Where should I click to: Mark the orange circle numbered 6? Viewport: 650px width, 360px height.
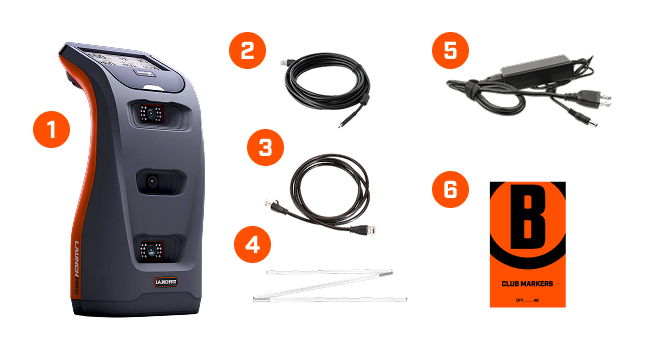tap(451, 190)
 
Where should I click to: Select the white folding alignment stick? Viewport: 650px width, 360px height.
tap(330, 283)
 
